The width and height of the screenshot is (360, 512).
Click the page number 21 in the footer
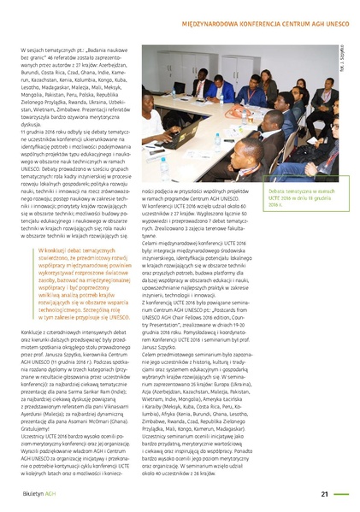pos(325,493)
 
